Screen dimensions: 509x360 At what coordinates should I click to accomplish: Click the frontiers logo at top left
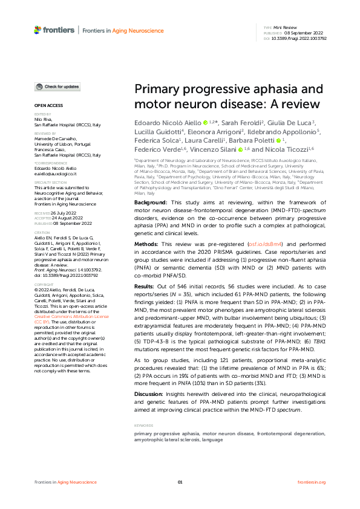point(54,29)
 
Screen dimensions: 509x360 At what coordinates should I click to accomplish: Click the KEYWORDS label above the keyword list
point(143,426)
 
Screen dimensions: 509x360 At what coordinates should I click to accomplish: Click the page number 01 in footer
point(180,482)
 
